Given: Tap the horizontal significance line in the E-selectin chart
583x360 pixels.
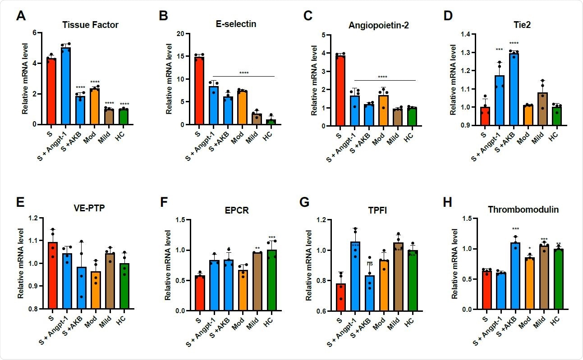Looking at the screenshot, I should tap(243, 76).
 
